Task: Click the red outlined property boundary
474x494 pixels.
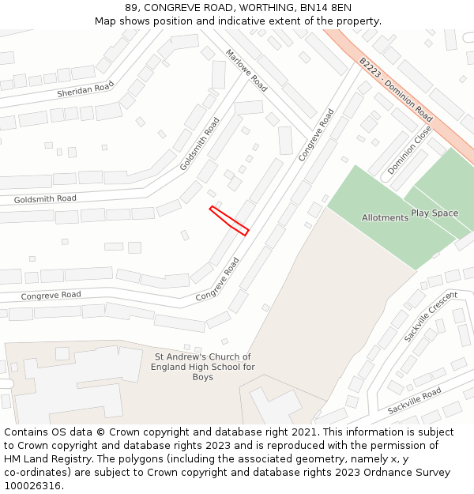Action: point(229,221)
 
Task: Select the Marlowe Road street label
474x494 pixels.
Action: point(246,70)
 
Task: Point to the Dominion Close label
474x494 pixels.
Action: point(409,150)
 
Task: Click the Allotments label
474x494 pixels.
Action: point(385,217)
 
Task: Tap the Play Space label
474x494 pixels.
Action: point(434,213)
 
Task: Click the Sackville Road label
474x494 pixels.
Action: point(414,402)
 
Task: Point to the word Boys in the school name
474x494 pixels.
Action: point(203,377)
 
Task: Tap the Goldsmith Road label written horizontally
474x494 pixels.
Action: point(45,198)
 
